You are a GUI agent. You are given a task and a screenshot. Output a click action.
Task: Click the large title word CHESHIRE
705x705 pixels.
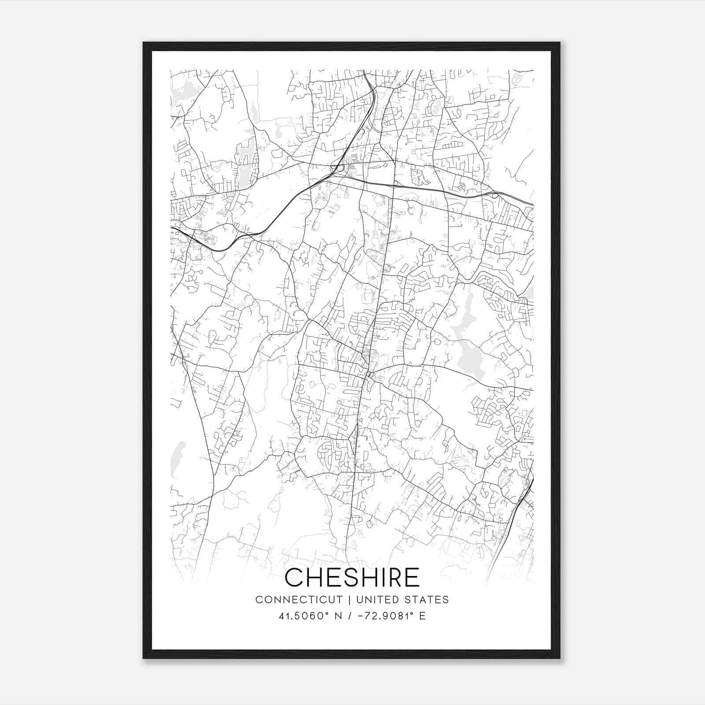(x=352, y=577)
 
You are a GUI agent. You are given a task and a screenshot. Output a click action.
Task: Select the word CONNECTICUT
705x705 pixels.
(x=299, y=600)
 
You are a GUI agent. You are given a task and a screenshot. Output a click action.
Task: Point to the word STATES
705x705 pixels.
(x=428, y=600)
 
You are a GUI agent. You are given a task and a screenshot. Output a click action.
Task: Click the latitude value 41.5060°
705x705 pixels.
(x=304, y=616)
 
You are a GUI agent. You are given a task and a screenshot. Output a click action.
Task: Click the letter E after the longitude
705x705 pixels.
(x=423, y=616)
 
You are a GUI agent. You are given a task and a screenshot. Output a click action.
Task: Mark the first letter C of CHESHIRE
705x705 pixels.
(x=294, y=577)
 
